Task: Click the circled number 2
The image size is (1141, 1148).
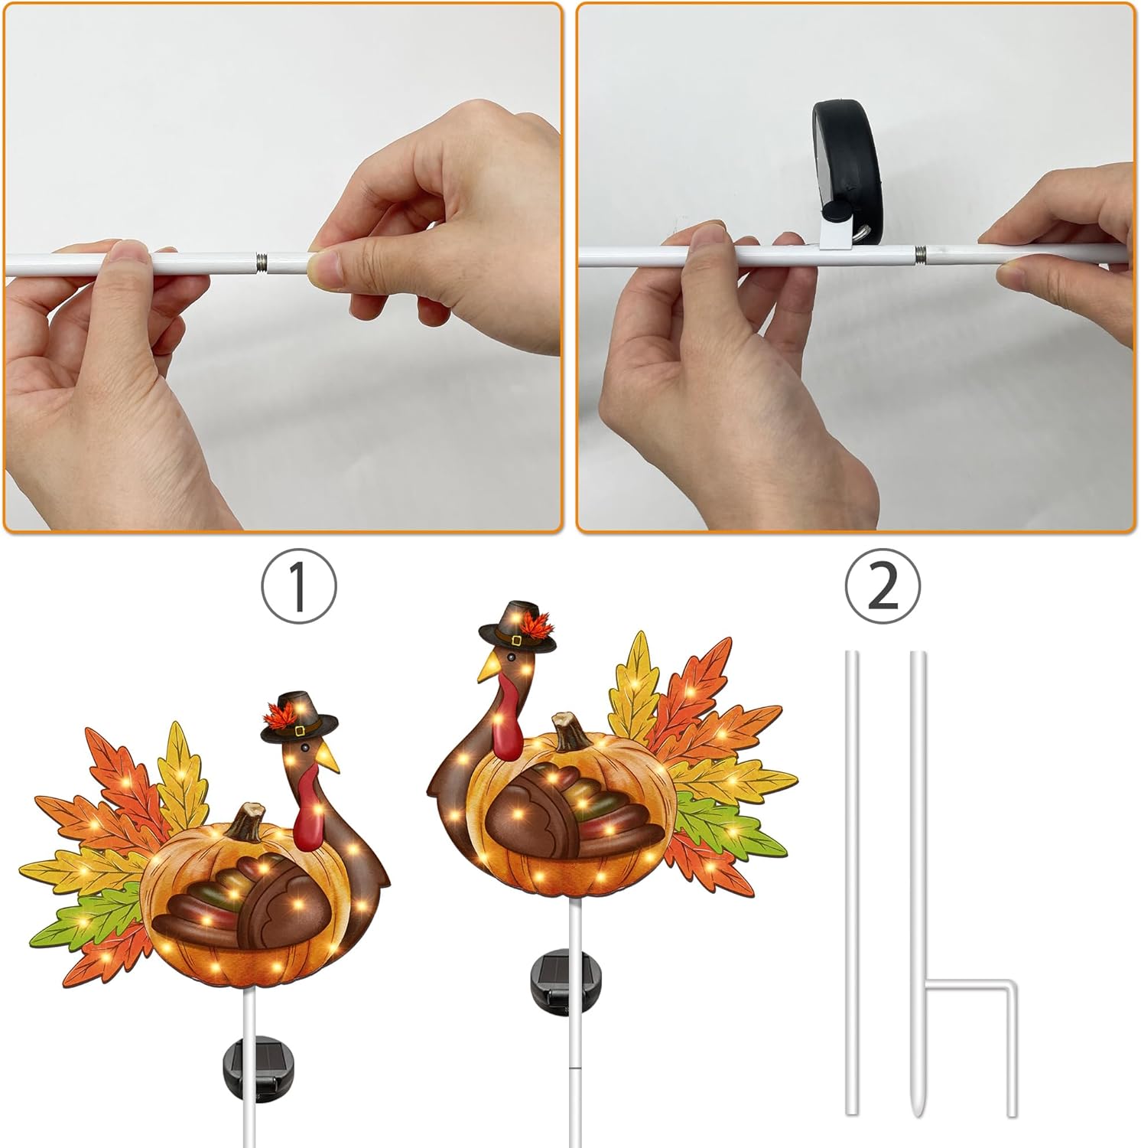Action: pyautogui.click(x=883, y=586)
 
